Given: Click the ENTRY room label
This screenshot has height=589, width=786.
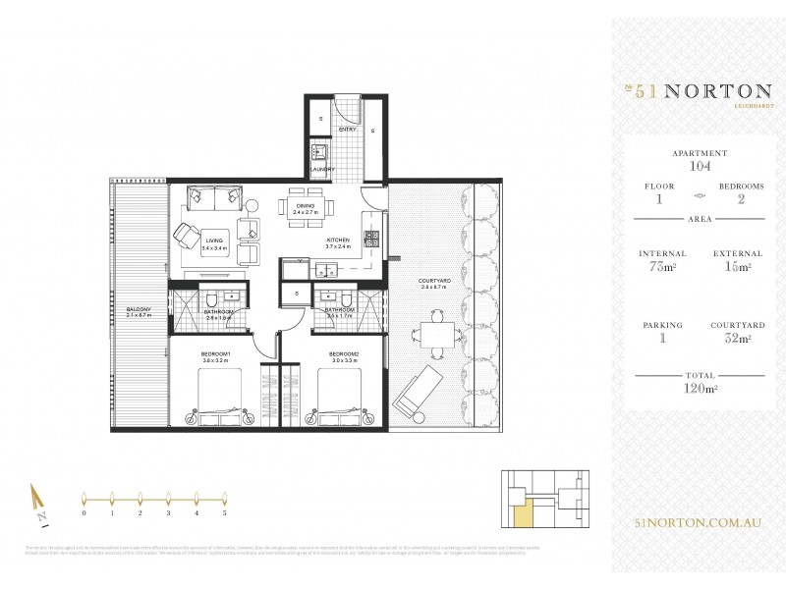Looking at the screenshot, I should [347, 129].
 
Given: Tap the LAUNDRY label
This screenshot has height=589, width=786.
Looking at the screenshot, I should [322, 169].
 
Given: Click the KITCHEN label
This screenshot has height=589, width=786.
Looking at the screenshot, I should [339, 240].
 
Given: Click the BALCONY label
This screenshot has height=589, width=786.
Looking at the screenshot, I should [138, 311].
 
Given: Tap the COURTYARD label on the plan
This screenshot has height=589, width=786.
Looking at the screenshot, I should [434, 281].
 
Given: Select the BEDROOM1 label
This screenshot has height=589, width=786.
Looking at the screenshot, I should [215, 353].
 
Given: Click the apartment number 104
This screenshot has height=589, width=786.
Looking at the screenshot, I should [700, 167].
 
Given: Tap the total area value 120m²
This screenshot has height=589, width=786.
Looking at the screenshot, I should [700, 388].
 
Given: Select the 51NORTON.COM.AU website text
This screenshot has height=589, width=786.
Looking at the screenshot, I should [699, 525].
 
